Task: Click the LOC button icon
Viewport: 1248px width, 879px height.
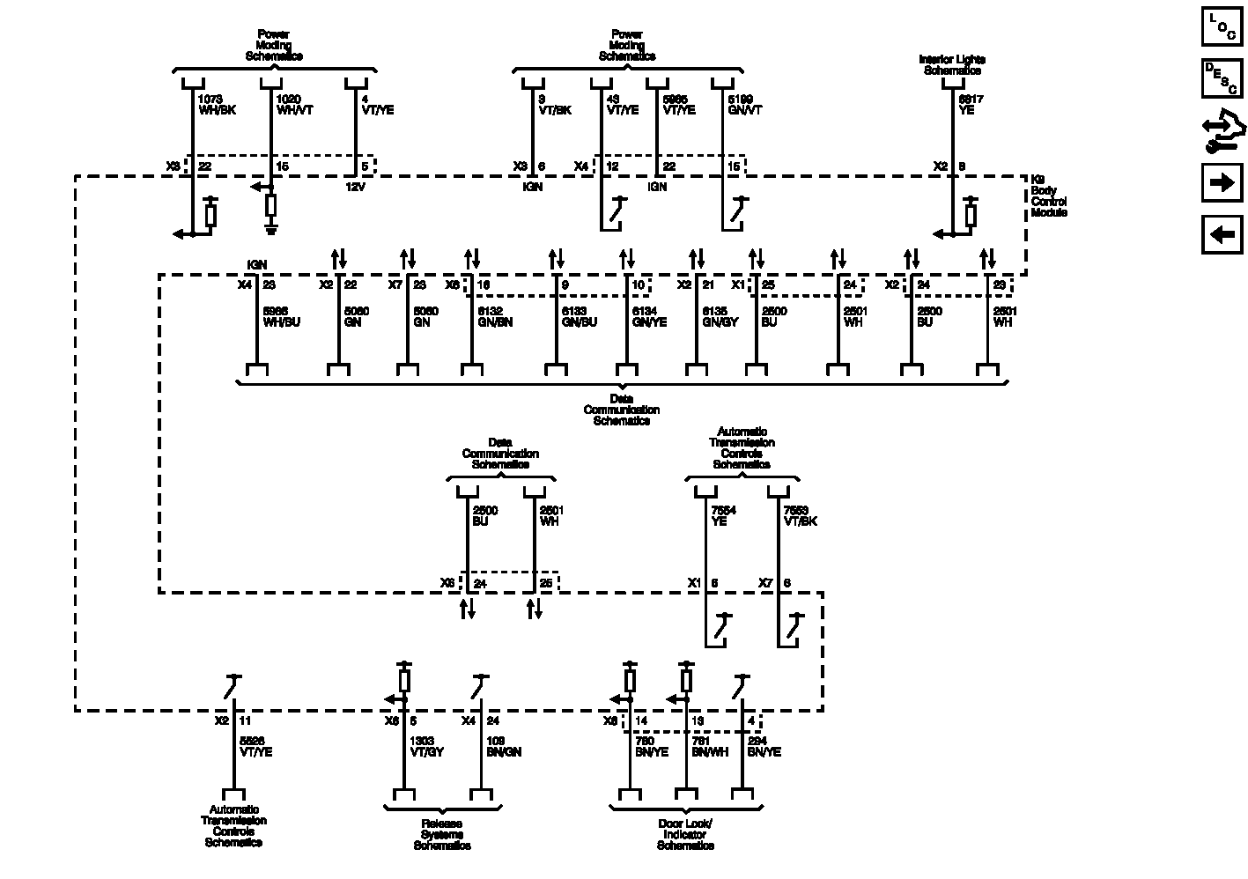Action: click(x=1222, y=26)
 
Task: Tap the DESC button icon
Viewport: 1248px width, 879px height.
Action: click(x=1222, y=78)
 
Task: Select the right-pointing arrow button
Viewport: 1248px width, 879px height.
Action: click(x=1222, y=183)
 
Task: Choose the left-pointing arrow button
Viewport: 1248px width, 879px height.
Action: click(x=1222, y=235)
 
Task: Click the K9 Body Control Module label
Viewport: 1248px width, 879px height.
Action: click(x=1049, y=196)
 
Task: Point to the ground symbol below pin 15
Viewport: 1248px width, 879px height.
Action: click(x=271, y=228)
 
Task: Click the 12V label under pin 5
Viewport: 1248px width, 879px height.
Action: click(x=355, y=187)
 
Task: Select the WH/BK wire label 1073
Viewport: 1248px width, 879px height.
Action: click(x=217, y=105)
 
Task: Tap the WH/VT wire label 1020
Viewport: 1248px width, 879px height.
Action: click(x=295, y=105)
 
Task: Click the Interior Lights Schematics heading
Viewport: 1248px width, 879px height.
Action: click(x=951, y=65)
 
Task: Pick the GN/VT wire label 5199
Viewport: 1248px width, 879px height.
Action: click(x=744, y=105)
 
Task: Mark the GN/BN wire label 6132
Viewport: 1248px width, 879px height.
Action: click(x=494, y=317)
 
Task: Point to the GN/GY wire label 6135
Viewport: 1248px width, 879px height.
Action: click(x=720, y=317)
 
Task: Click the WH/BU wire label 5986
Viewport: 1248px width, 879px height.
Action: click(x=282, y=317)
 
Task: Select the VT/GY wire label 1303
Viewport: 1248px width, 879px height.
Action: click(x=428, y=747)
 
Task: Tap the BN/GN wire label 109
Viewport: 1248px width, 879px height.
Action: click(x=504, y=747)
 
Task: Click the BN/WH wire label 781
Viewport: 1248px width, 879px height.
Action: click(x=710, y=747)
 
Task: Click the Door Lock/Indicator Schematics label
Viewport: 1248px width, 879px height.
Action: click(x=685, y=835)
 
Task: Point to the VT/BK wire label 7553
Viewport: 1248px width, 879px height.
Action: click(x=801, y=515)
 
